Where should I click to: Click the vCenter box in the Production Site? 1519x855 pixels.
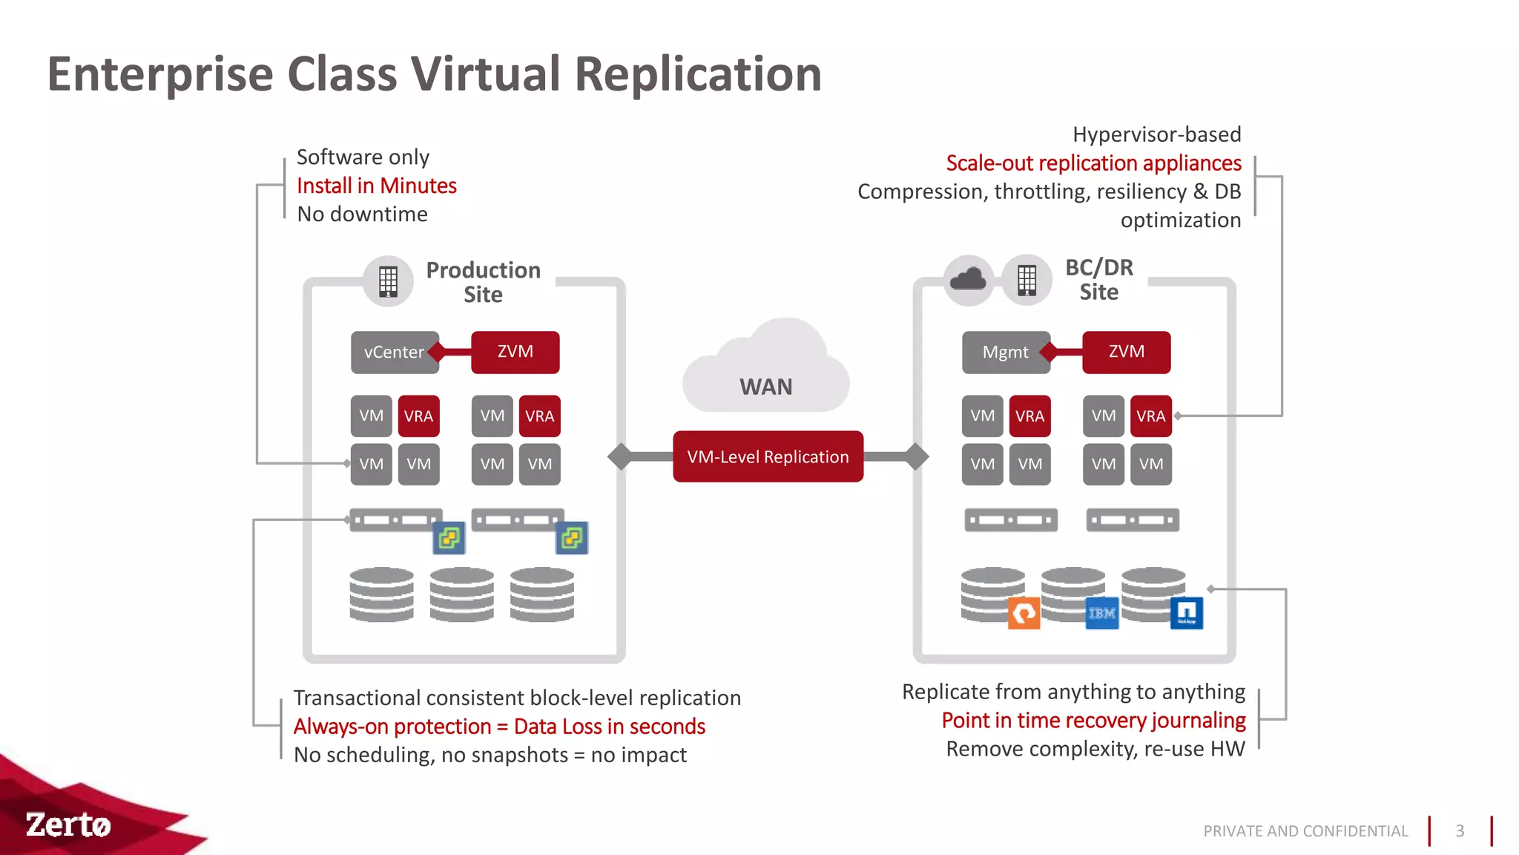tap(394, 352)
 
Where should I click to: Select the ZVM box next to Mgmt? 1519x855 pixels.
tap(1126, 352)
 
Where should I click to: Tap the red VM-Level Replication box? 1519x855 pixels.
tap(768, 456)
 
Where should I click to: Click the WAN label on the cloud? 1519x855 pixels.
tap(765, 387)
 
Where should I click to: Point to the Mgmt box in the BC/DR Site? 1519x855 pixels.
tap(1005, 352)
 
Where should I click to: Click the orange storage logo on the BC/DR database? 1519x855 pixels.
tap(1024, 613)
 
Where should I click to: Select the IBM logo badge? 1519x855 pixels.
tap(1101, 613)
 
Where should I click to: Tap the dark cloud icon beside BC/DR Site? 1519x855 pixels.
tap(968, 280)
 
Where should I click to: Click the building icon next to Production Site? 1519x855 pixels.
tap(388, 281)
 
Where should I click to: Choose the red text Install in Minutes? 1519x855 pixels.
tap(376, 186)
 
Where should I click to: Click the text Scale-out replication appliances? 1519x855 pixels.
tap(1093, 163)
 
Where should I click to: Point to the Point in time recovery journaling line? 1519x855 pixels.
tap(1093, 721)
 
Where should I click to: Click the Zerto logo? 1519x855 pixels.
tap(68, 825)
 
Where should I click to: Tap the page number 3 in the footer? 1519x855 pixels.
tap(1460, 831)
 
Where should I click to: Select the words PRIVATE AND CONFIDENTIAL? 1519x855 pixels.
tap(1305, 831)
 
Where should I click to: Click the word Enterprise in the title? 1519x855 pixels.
tap(160, 74)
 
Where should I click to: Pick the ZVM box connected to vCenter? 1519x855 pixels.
tap(515, 352)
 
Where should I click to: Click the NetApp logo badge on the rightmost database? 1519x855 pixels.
tap(1186, 613)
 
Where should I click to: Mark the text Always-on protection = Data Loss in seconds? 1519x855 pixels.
tap(499, 727)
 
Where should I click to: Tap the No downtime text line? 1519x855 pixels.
tap(362, 214)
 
